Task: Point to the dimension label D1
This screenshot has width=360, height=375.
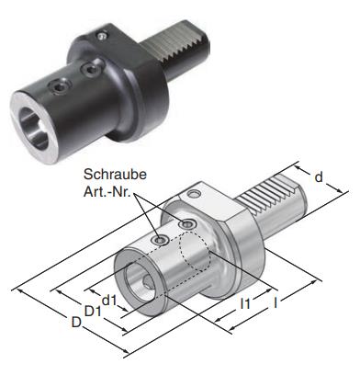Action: (x=92, y=311)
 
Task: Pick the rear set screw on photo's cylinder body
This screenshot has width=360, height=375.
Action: (x=89, y=70)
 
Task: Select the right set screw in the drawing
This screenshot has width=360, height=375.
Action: (x=187, y=225)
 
